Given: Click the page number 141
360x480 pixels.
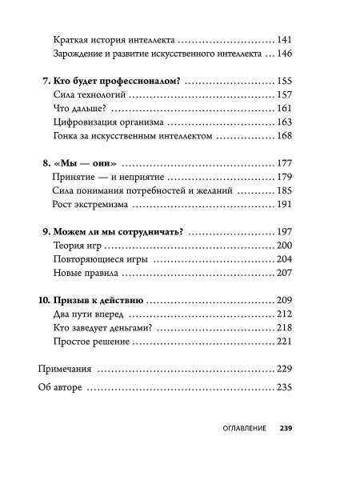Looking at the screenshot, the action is tap(286, 39).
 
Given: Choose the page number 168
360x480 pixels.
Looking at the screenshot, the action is tap(286, 137).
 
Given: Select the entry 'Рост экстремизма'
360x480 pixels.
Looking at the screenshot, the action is tap(90, 205).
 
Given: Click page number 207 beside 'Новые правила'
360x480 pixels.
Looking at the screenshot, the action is tap(286, 274).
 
